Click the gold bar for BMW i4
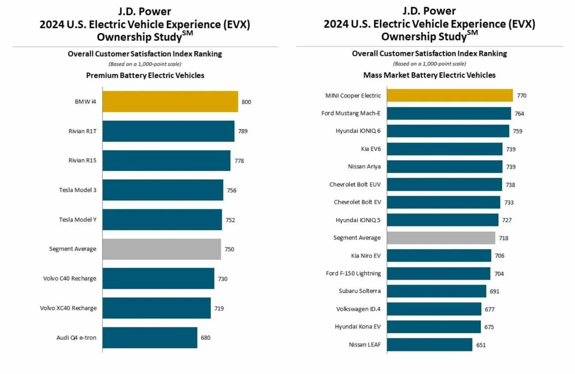170,102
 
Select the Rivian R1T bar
169,131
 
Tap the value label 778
239,161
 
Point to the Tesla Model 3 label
78,190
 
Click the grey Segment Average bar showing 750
162,249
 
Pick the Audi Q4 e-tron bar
150,338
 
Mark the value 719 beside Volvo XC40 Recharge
219,308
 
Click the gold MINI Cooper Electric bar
450,95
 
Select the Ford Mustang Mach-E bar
449,113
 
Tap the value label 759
518,131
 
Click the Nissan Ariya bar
445,167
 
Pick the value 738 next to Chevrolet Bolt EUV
510,185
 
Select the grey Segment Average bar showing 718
441,238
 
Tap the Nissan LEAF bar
430,344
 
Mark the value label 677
490,309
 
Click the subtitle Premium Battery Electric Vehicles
145,75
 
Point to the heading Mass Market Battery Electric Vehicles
429,75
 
